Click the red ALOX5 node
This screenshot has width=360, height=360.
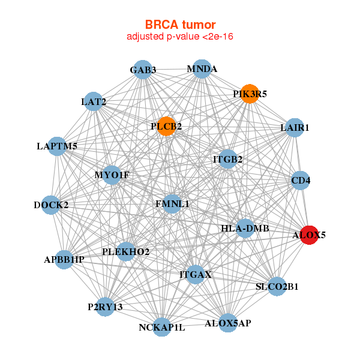(308, 235)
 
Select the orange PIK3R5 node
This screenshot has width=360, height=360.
(250, 94)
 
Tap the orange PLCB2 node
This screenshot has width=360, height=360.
(166, 127)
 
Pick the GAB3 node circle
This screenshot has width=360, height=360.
(143, 70)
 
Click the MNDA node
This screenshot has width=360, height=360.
(202, 69)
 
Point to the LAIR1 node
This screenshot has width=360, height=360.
(294, 128)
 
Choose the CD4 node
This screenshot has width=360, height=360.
(301, 179)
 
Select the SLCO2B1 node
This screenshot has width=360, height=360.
(277, 286)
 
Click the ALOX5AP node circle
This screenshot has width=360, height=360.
(228, 323)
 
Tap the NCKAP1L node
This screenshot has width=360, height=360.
(162, 327)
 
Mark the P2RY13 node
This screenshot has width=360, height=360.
(105, 307)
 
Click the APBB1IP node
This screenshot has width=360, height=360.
(64, 259)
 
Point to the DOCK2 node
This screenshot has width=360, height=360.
(51, 205)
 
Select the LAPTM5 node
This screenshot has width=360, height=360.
(57, 146)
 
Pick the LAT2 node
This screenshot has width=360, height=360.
(93, 102)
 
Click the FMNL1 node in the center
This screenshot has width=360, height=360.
(172, 204)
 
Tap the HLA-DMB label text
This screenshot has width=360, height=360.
(245, 229)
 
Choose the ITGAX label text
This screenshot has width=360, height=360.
(196, 275)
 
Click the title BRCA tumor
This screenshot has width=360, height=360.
(179, 25)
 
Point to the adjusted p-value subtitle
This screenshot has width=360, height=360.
(179, 37)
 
